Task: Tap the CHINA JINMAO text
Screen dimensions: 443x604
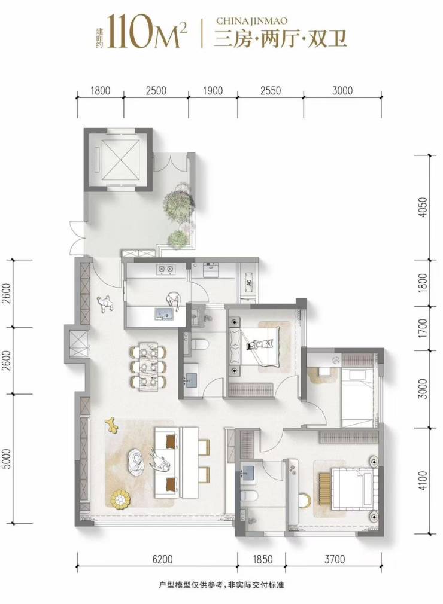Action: [x=252, y=21]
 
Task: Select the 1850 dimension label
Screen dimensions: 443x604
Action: [x=262, y=559]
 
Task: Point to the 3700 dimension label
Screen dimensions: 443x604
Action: [x=334, y=559]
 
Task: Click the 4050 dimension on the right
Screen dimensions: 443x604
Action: [x=423, y=208]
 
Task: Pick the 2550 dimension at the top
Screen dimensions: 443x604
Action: [x=270, y=91]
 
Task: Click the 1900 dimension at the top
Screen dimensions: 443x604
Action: [x=213, y=91]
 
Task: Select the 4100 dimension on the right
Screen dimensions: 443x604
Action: [x=423, y=480]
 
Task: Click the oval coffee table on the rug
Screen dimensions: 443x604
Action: [x=136, y=462]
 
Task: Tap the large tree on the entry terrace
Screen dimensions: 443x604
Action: [x=178, y=203]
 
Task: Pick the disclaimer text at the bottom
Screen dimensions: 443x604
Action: [x=221, y=585]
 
